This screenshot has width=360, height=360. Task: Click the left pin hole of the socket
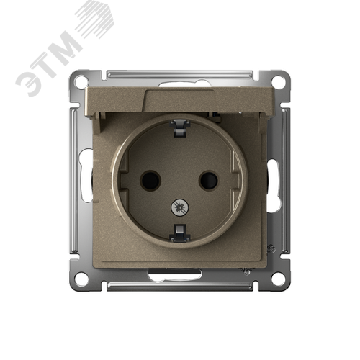coord(150,181)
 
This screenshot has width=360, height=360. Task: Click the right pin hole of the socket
coord(209,181)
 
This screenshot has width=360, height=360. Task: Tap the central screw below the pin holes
coord(179,207)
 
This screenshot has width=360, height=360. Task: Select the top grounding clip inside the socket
coord(180,128)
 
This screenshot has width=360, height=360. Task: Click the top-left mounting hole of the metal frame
coord(81,82)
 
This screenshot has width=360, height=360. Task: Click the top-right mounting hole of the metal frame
coord(279,82)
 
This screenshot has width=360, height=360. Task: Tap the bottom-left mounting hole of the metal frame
coord(81,279)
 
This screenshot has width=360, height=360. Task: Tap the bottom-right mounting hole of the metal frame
coord(279,279)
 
